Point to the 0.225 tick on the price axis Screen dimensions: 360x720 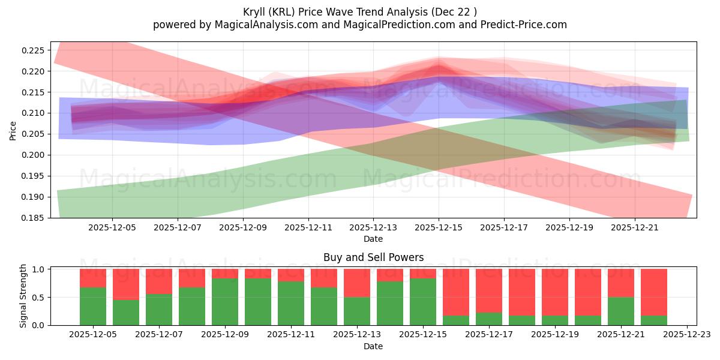(x=33, y=50)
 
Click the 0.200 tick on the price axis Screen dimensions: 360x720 (x=33, y=155)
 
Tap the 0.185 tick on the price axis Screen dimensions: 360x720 (x=33, y=218)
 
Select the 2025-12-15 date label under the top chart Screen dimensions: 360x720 (x=439, y=228)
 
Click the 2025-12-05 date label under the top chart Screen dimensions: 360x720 (x=112, y=228)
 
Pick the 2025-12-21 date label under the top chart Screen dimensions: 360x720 (x=635, y=228)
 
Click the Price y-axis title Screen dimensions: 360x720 (x=13, y=130)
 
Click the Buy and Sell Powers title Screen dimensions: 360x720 (x=373, y=257)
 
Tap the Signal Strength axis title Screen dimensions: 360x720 (x=23, y=295)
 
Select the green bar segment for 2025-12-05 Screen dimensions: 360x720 (x=93, y=306)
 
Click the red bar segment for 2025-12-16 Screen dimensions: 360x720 (x=456, y=292)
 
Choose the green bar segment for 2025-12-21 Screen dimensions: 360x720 (x=621, y=311)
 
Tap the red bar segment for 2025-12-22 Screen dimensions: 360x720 (x=654, y=292)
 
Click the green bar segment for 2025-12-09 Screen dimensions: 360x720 (x=225, y=301)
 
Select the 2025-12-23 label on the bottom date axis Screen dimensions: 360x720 (x=687, y=335)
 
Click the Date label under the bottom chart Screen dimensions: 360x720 (x=373, y=346)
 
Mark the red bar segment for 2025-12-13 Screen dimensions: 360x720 (x=357, y=283)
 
